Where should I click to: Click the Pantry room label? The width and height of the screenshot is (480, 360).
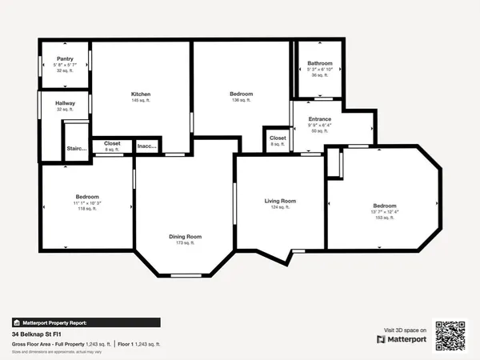[x=65, y=58]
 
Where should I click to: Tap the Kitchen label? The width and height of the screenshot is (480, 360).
[x=141, y=94]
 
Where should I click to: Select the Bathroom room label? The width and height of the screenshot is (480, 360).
[x=320, y=63]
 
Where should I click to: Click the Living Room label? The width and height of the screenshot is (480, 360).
[x=281, y=201]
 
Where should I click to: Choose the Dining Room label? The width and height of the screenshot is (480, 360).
[x=185, y=236]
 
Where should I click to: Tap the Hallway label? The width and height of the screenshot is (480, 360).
[x=65, y=103]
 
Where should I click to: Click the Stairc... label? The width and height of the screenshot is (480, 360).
[x=76, y=148]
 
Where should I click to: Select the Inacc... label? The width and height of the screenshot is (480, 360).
[x=146, y=146]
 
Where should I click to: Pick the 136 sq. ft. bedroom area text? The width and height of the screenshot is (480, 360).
[x=241, y=101]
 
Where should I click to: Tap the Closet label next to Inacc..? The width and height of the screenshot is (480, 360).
[x=112, y=143]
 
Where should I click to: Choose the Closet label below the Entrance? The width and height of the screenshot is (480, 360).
[x=278, y=138]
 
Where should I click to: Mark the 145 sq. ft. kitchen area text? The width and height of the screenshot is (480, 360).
[x=141, y=101]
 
